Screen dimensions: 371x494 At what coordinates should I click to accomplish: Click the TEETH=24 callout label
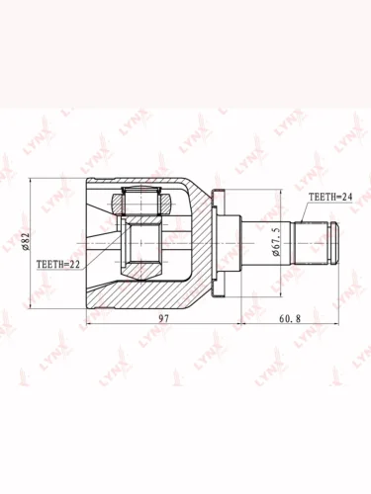pos(330,197)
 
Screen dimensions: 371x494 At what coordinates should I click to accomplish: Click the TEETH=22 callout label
pos(58,264)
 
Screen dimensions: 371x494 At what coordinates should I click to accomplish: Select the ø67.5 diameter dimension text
pos(276,241)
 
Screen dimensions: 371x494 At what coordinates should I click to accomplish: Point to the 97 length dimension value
pos(163,318)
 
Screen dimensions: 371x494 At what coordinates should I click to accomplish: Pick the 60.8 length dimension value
pos(290,318)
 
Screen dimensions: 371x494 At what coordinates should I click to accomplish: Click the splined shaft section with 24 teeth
pos(311,243)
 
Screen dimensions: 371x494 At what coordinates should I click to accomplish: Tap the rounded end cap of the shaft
pos(333,243)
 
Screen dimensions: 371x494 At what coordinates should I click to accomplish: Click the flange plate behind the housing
pos(218,243)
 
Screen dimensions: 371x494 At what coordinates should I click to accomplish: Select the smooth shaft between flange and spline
pos(267,243)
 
